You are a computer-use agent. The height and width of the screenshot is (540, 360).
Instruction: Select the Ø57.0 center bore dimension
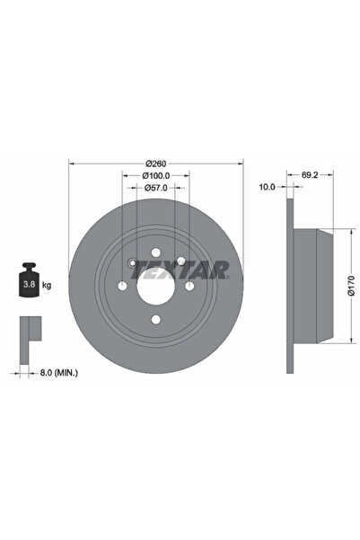pos(156,190)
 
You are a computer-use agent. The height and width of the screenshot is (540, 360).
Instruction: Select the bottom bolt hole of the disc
pos(156,321)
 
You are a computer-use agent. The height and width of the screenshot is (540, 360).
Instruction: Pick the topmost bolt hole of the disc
pos(156,253)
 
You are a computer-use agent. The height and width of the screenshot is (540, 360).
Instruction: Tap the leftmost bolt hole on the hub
pos(122,287)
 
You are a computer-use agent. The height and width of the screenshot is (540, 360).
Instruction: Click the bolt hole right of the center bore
pos(189,287)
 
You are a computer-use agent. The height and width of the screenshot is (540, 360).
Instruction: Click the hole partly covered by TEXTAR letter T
pos(180,262)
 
